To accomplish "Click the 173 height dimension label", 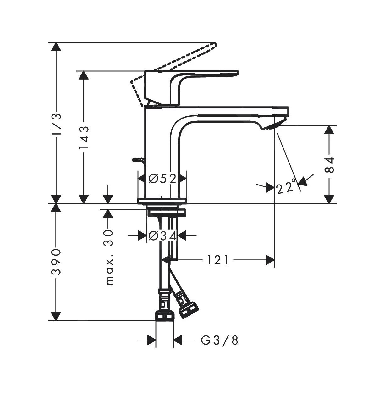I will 56,125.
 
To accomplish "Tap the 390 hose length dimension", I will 56,262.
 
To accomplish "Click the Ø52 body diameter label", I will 162,179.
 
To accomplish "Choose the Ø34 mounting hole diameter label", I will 162,235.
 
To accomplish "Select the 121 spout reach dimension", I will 217,260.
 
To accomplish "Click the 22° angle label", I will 286,187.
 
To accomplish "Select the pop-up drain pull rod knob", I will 139,160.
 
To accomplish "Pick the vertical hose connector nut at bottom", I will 164,315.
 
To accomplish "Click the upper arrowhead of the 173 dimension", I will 56,47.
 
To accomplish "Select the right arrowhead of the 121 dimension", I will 270,260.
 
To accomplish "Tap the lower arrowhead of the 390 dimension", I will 56,316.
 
